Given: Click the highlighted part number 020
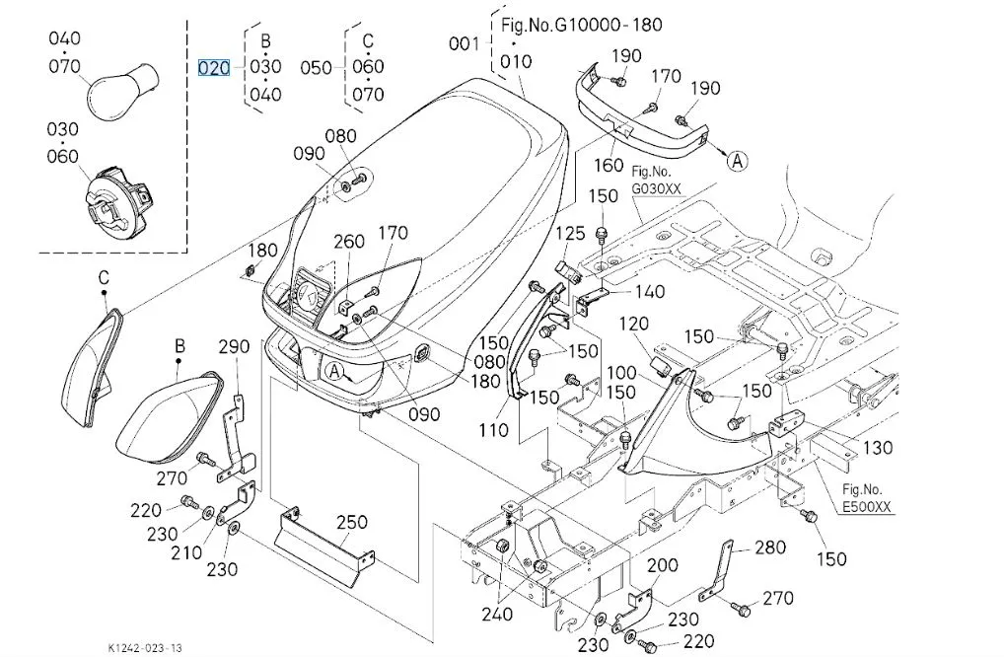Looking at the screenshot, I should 214,68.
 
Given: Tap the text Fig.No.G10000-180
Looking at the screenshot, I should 582,25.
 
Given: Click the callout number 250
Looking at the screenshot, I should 352,523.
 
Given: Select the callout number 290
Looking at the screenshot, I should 234,346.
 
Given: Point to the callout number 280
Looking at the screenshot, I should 771,547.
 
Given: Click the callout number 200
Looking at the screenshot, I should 663,565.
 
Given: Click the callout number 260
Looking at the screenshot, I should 348,243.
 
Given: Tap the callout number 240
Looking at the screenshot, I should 498,613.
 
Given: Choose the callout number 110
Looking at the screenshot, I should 493,429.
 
